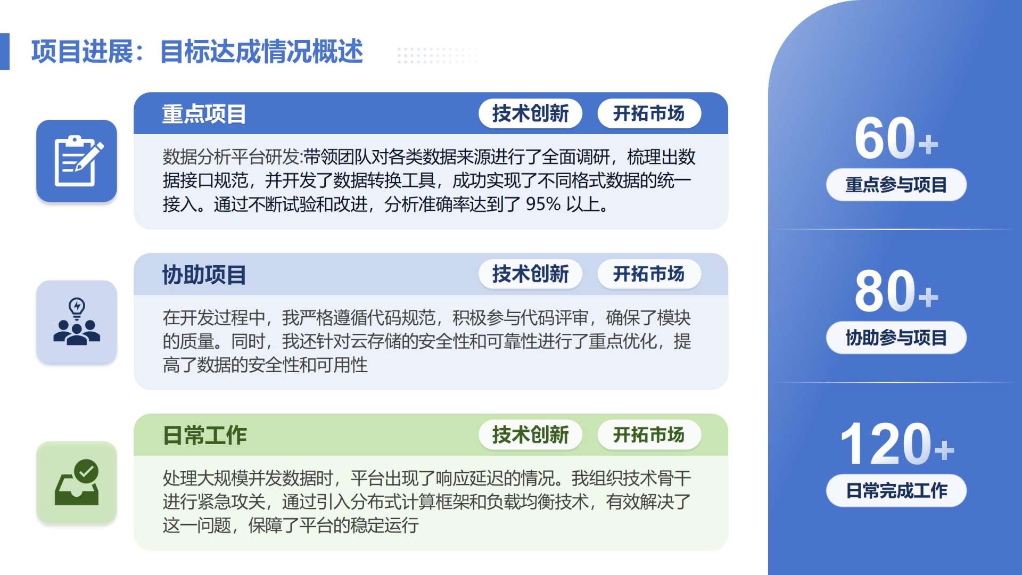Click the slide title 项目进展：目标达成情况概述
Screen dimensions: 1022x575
(x=197, y=52)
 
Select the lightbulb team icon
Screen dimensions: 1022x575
(x=77, y=322)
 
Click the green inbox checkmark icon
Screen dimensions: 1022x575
(x=77, y=482)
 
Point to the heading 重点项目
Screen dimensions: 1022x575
(x=204, y=114)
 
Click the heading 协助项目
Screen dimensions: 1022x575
(x=204, y=275)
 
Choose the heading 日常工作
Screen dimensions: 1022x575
(x=204, y=436)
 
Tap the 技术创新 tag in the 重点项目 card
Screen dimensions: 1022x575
(x=530, y=113)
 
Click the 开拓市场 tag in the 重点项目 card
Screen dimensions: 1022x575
(x=649, y=113)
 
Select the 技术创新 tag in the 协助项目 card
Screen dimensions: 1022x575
(x=530, y=274)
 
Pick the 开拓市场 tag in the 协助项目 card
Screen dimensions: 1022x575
(x=649, y=274)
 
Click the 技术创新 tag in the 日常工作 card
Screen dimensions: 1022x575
(x=530, y=435)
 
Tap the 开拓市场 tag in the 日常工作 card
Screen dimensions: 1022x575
(x=649, y=435)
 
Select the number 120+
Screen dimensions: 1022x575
(x=897, y=444)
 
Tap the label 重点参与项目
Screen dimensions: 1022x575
(x=896, y=185)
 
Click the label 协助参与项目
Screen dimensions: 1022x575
(x=896, y=338)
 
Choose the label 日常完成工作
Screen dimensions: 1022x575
(x=896, y=490)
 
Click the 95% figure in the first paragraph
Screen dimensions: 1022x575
(x=543, y=204)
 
